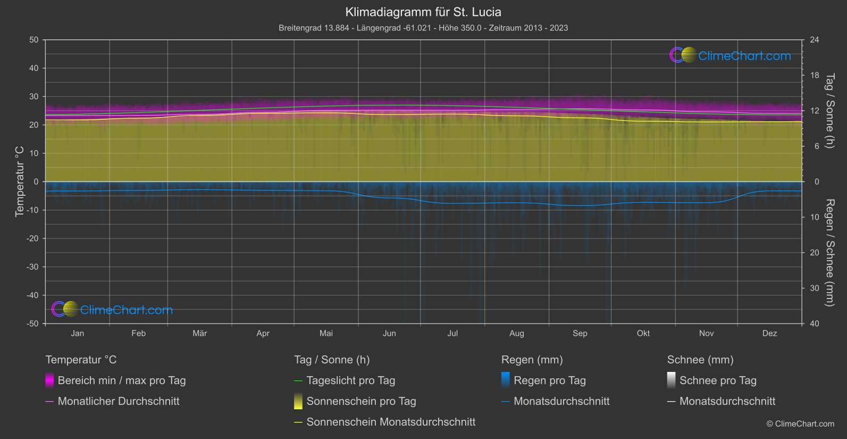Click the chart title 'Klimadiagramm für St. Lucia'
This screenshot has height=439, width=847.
pos(423,12)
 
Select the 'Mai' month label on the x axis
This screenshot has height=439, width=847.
pos(326,334)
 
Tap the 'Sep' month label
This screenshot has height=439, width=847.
pos(580,334)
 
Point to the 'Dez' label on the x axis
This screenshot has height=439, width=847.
pos(769,334)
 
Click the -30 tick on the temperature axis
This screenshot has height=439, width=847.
pos(33,267)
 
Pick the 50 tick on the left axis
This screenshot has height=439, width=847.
pos(34,40)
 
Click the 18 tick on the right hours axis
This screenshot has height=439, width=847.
pos(815,76)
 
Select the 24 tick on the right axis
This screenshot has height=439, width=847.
pos(815,40)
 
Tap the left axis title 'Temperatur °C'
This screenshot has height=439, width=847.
pos(20,181)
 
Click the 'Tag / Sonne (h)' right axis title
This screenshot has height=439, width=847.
pos(829,111)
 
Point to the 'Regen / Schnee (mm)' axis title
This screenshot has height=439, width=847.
pos(829,253)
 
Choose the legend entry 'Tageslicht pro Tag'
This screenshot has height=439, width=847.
pos(350,380)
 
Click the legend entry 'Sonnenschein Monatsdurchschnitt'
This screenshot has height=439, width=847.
pos(391,422)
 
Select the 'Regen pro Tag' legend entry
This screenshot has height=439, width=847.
pos(549,380)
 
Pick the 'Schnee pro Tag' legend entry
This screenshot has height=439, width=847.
pos(718,380)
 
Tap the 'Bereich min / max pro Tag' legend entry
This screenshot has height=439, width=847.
pos(121,380)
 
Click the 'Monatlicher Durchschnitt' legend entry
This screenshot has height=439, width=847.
pos(118,401)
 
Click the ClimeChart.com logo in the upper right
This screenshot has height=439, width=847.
pos(730,55)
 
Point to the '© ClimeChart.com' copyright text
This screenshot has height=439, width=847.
pos(800,424)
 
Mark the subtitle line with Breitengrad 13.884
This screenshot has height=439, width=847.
pos(423,28)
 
